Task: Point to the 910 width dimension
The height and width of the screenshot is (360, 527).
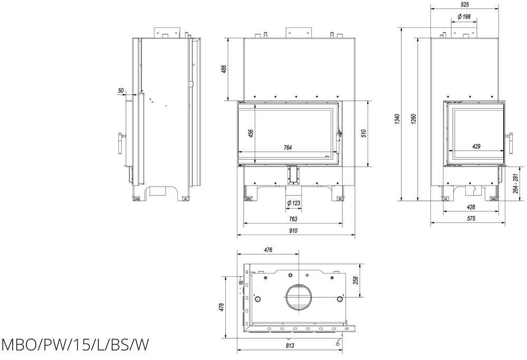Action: pos(293,231)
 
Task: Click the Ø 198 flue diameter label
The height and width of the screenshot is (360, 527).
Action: pos(464,17)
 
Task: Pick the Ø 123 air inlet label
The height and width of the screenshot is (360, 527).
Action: pos(293,203)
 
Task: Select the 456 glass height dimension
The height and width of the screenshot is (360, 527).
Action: pos(251,134)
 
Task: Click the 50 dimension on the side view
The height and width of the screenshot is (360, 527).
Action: pos(121,91)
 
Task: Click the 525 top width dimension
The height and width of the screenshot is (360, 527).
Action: pos(464,4)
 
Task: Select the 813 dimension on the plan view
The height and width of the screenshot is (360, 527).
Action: pos(290,345)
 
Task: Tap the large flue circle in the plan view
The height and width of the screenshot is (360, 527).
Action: pos(299,298)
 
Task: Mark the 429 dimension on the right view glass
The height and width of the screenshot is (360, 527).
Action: pos(476,147)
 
